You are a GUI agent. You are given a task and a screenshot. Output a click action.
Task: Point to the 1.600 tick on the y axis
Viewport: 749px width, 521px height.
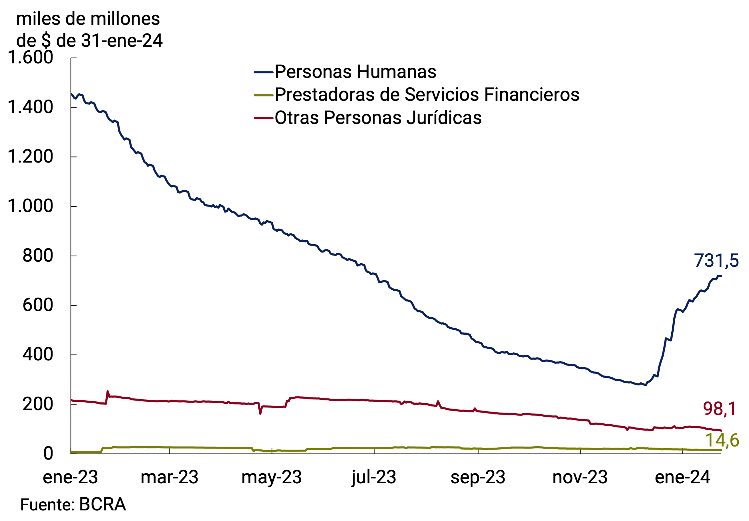pyautogui.click(x=30, y=57)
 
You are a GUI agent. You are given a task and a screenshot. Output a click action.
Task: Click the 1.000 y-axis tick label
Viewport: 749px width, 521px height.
pyautogui.click(x=30, y=206)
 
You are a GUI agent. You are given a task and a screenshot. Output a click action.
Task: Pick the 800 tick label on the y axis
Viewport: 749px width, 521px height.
pyautogui.click(x=37, y=256)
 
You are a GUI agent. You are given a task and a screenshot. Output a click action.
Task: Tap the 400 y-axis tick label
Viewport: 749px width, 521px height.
pyautogui.click(x=37, y=354)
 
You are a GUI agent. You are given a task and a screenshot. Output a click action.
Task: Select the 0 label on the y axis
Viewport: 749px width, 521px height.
pyautogui.click(x=48, y=453)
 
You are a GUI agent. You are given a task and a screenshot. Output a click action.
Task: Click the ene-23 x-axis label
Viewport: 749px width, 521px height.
pyautogui.click(x=70, y=477)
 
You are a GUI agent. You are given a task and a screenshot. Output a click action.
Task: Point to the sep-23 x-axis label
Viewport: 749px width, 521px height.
pyautogui.click(x=478, y=477)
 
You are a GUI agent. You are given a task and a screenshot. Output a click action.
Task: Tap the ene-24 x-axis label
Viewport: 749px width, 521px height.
pyautogui.click(x=682, y=477)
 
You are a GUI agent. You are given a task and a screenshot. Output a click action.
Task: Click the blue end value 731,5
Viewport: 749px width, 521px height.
pyautogui.click(x=716, y=261)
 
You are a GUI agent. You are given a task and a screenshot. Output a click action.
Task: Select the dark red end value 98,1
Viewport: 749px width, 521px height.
pyautogui.click(x=719, y=409)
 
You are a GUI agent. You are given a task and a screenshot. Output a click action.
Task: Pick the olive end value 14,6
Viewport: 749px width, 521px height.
pyautogui.click(x=722, y=440)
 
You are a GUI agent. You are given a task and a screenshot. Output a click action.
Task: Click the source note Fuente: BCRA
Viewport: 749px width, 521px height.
pyautogui.click(x=73, y=505)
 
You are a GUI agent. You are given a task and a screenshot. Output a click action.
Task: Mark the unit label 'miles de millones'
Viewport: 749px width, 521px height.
pyautogui.click(x=88, y=19)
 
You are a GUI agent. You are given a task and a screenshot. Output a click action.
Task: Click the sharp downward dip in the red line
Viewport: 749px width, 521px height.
pyautogui.click(x=260, y=413)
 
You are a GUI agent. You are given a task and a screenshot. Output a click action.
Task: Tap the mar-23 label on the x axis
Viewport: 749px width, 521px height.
pyautogui.click(x=169, y=477)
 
